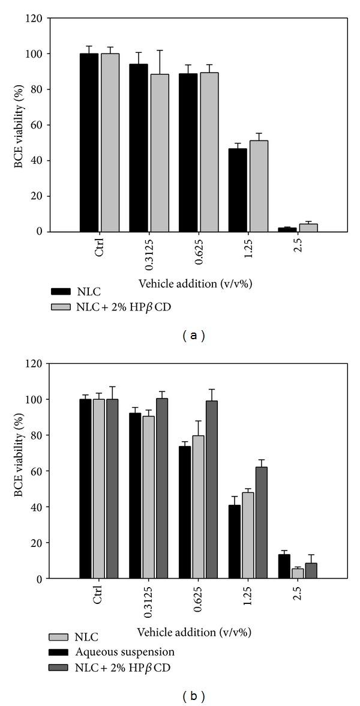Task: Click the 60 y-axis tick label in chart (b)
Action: coord(38,471)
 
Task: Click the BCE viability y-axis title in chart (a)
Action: coord(19,125)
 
